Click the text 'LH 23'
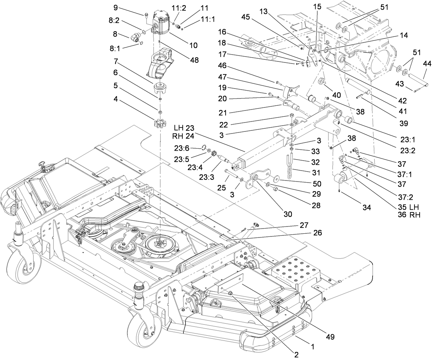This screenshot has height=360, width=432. [184, 128]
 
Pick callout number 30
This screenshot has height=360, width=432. [288, 214]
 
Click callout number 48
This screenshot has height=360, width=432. [194, 60]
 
